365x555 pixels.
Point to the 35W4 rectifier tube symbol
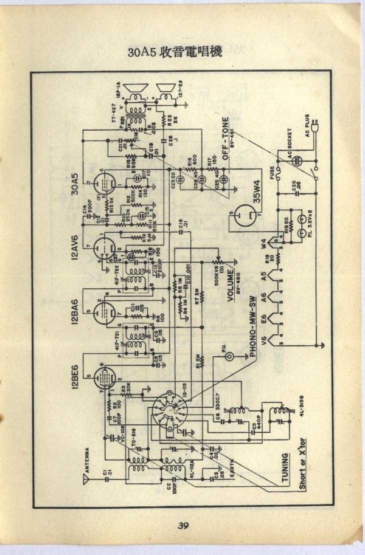tap(245, 213)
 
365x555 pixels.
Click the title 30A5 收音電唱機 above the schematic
tap(175, 52)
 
